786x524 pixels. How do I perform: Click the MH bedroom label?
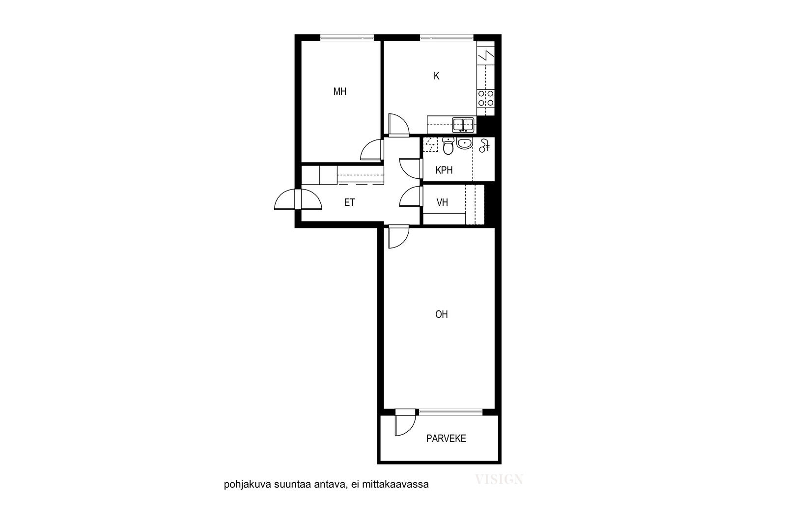(x=339, y=91)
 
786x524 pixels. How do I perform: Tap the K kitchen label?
(x=437, y=76)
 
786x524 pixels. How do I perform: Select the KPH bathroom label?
(x=444, y=170)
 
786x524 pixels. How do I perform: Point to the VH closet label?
(x=442, y=202)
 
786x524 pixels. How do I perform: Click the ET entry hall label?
(x=349, y=202)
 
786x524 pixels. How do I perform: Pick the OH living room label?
(x=442, y=315)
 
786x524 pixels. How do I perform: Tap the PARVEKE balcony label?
(x=446, y=439)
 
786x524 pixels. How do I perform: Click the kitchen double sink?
(x=463, y=125)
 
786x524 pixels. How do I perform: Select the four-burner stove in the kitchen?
(x=486, y=98)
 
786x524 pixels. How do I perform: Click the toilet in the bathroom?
(x=448, y=146)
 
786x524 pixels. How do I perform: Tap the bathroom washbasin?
(x=464, y=143)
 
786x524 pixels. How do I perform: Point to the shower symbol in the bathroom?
(x=484, y=145)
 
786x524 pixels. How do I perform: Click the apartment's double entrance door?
(x=298, y=199)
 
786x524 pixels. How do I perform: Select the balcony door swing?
(x=406, y=423)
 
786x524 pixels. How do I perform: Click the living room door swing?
(x=399, y=237)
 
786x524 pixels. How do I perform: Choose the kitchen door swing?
(x=399, y=124)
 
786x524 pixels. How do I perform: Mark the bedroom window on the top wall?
(x=347, y=37)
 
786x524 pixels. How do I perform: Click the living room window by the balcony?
(x=450, y=412)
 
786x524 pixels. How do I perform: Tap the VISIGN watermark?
(x=499, y=479)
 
